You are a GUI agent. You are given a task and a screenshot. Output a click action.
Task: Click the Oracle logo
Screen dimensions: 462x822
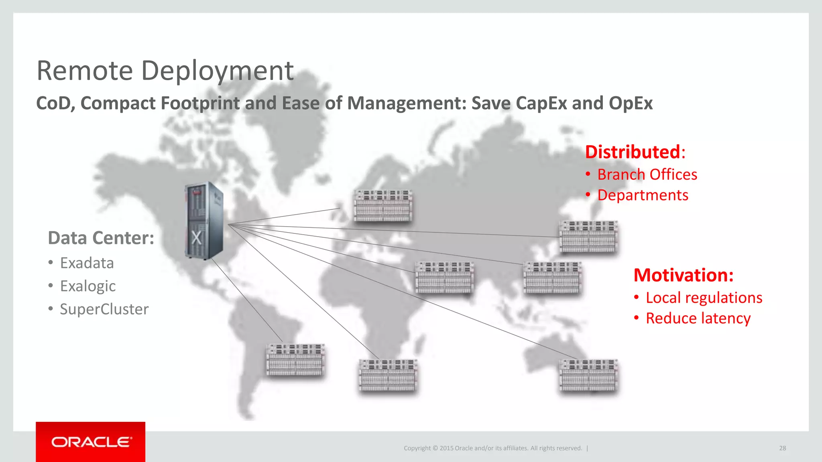click(91, 442)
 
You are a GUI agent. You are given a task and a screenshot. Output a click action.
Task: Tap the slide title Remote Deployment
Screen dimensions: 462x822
click(165, 71)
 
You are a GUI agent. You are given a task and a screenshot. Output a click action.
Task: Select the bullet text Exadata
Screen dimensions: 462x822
click(87, 263)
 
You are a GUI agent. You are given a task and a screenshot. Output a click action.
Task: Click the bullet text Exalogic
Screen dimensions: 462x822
click(87, 286)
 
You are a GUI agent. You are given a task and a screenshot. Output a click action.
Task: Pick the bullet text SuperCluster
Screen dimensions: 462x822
click(104, 309)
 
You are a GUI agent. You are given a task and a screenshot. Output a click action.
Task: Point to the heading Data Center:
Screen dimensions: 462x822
click(101, 238)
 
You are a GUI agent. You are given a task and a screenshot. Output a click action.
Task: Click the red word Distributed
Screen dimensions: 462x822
click(633, 152)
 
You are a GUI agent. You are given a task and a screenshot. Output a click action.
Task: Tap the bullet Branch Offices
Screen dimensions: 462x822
click(647, 174)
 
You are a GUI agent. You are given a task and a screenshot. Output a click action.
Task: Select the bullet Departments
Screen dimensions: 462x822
click(643, 195)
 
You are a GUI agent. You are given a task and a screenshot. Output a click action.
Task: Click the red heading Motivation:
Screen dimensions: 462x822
click(684, 275)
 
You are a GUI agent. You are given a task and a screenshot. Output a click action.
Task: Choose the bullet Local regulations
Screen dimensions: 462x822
click(704, 298)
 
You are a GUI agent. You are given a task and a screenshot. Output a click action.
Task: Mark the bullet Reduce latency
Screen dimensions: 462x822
click(698, 318)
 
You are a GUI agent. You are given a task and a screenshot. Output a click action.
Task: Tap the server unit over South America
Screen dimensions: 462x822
click(295, 359)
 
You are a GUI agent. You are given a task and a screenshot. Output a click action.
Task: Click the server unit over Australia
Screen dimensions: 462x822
click(588, 375)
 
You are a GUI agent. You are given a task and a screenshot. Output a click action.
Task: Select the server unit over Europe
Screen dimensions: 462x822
click(383, 205)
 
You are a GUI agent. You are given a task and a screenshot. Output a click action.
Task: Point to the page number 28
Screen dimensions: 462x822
click(782, 448)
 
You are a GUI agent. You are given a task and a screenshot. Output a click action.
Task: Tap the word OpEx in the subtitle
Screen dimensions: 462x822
click(631, 103)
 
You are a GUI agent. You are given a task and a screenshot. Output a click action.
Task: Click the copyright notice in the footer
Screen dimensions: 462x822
click(492, 448)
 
